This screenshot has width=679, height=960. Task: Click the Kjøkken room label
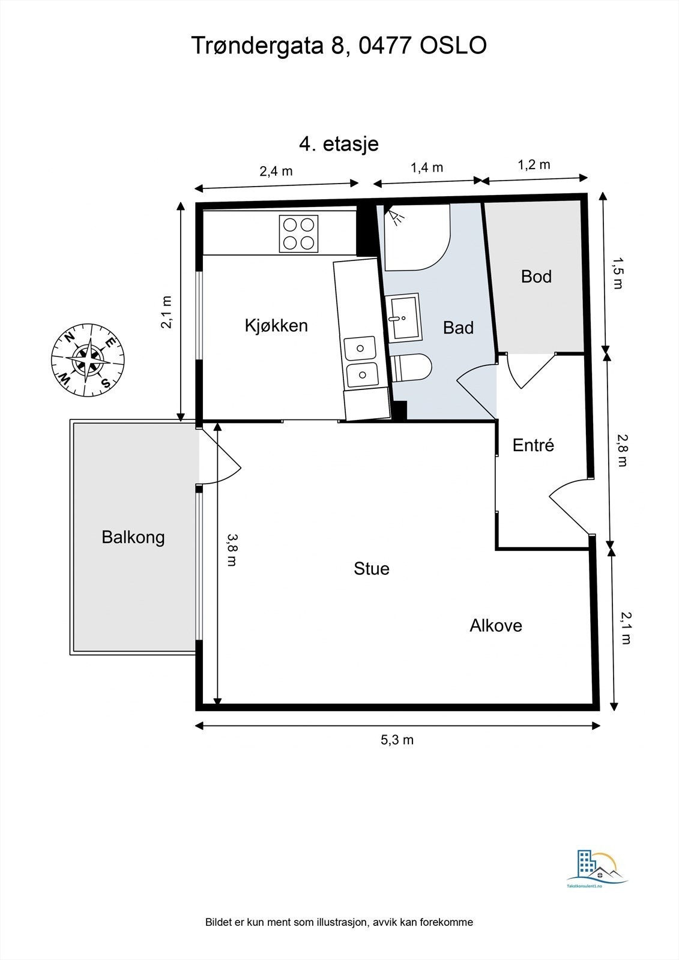(276, 326)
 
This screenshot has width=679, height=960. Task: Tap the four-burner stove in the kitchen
(298, 233)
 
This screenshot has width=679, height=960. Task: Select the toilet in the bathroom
(411, 368)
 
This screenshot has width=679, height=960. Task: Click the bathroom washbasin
(404, 317)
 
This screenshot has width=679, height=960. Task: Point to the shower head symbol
(394, 215)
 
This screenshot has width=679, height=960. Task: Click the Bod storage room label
(536, 277)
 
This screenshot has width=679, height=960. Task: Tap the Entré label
(533, 445)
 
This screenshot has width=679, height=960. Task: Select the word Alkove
(496, 626)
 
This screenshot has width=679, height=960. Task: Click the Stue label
(372, 569)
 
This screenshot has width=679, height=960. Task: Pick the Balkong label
(133, 538)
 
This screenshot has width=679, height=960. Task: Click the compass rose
(88, 360)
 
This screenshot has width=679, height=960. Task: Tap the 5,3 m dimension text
(397, 740)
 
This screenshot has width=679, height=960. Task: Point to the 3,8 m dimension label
(232, 550)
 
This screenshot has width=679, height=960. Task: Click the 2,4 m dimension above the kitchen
(276, 171)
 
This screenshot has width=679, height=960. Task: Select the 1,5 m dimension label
(617, 273)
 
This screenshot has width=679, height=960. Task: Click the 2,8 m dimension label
(621, 450)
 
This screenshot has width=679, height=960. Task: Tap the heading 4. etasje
(339, 144)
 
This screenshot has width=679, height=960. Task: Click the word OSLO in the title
(453, 46)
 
